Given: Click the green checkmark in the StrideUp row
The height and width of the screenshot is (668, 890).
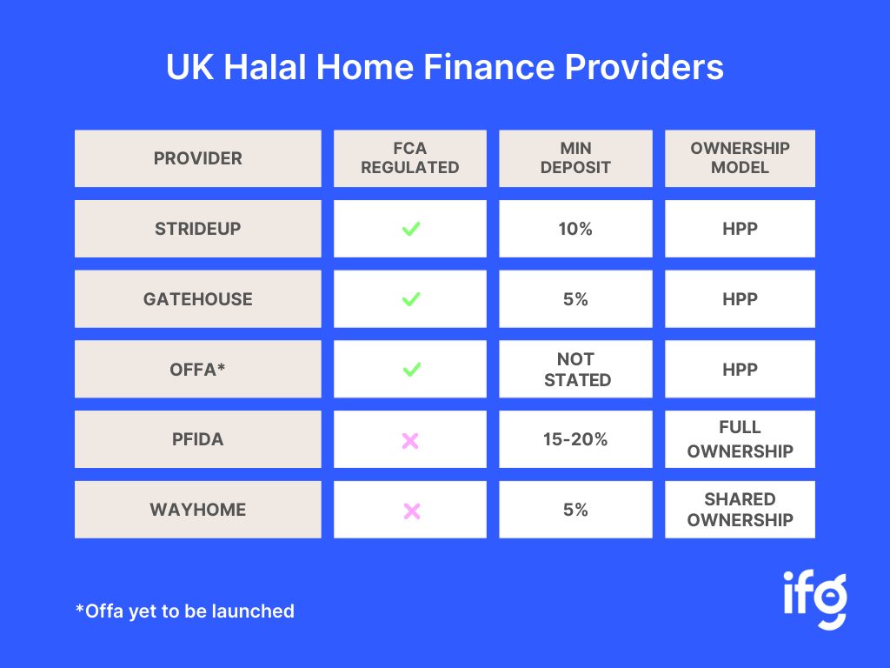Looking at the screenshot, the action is [x=411, y=229].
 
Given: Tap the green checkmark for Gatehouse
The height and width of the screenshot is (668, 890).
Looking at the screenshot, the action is [x=411, y=299].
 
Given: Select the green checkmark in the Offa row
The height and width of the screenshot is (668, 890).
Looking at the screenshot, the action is [x=411, y=370].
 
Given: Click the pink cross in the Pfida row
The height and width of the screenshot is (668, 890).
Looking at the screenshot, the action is [x=410, y=441].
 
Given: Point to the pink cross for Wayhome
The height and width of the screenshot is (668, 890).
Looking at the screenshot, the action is [x=412, y=511].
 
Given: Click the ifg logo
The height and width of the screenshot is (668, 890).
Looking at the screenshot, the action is [x=815, y=600].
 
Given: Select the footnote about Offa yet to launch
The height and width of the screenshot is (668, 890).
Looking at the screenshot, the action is [x=185, y=611].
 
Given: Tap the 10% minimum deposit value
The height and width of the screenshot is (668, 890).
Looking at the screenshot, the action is [x=575, y=229].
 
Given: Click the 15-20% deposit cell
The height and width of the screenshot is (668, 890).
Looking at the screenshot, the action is [x=575, y=439].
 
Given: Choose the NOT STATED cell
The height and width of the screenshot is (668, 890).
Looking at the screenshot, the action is [x=575, y=369].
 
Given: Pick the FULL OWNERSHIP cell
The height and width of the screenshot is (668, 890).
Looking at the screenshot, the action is [x=741, y=439].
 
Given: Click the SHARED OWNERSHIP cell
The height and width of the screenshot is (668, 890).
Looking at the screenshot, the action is [x=741, y=510].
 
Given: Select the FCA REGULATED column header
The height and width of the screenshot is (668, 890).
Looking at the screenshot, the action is [x=410, y=158].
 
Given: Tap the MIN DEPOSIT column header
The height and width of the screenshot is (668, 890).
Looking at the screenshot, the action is [x=575, y=158].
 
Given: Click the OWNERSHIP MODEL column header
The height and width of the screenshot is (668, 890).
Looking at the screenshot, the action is [x=741, y=158].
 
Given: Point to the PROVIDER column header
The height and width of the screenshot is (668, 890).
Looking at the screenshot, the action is [x=198, y=158].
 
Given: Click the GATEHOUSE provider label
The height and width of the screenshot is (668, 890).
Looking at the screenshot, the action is [x=198, y=299].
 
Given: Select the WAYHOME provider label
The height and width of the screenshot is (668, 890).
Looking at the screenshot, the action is [x=198, y=510].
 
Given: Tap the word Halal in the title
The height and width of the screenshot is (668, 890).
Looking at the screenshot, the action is [x=265, y=67].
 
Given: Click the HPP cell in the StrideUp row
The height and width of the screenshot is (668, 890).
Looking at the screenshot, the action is [x=741, y=229].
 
